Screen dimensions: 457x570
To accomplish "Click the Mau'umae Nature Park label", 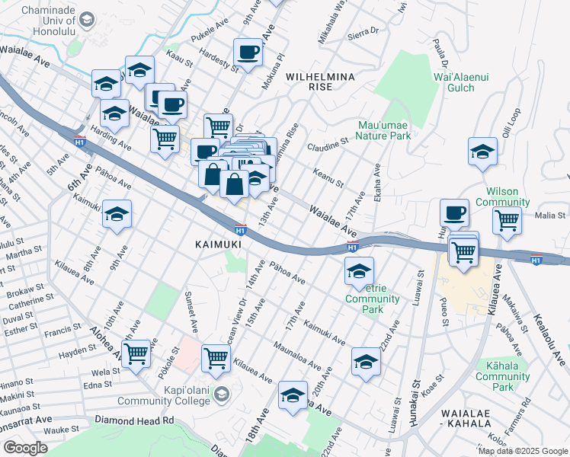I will pyautogui.click(x=385, y=130).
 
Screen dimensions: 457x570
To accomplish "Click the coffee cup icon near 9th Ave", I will pyautogui.click(x=248, y=53).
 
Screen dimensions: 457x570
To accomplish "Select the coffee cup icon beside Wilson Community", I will pyautogui.click(x=455, y=212).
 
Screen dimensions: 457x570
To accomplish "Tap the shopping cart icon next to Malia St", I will pyautogui.click(x=507, y=222).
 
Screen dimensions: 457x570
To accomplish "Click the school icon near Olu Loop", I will pyautogui.click(x=482, y=152).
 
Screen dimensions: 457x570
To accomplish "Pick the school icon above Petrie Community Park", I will pyautogui.click(x=359, y=270).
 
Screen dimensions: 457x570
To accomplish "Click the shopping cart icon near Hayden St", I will pyautogui.click(x=136, y=353).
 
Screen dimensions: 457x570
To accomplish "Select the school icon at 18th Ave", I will pyautogui.click(x=293, y=395).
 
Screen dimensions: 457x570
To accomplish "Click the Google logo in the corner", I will pyautogui.click(x=25, y=448).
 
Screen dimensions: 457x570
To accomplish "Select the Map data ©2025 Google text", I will pyautogui.click(x=522, y=451).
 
